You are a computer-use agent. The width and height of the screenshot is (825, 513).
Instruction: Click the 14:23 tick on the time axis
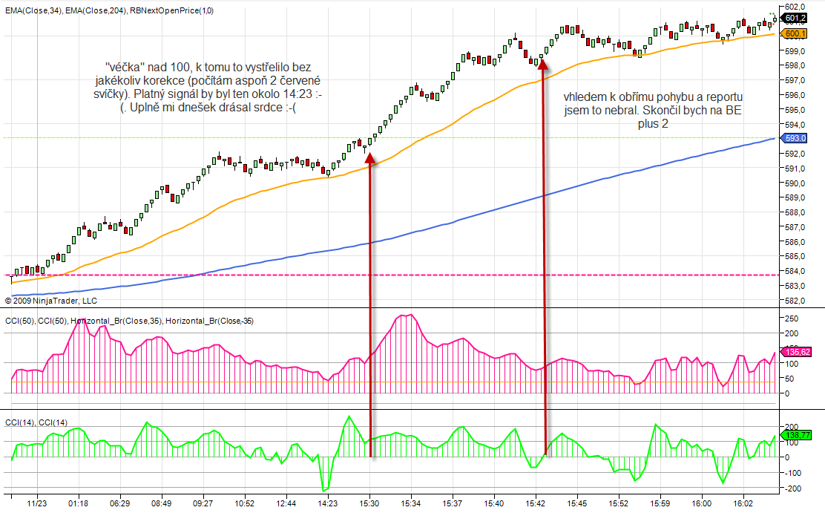pyautogui.click(x=327, y=503)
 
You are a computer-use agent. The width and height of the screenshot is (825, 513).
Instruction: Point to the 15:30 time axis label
pyautogui.click(x=370, y=503)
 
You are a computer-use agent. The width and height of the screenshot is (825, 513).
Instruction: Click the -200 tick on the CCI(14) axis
pyautogui.click(x=792, y=489)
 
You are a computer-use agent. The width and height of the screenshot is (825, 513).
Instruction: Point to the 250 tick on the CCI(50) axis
pyautogui.click(x=791, y=318)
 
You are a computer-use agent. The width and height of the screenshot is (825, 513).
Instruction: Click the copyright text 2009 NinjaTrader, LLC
pyautogui.click(x=51, y=301)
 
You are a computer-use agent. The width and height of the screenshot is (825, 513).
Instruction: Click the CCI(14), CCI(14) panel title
pyautogui.click(x=36, y=422)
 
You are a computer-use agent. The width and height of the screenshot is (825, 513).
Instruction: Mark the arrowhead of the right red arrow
pyautogui.click(x=544, y=65)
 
